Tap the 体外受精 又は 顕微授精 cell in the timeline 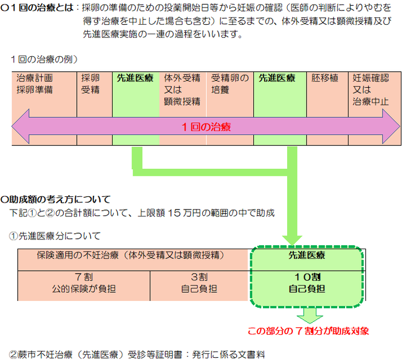(183, 90)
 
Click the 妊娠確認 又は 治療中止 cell (374, 90)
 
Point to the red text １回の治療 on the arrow (206, 126)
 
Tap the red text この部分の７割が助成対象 (308, 331)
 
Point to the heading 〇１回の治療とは (38, 9)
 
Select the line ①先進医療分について (55, 235)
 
